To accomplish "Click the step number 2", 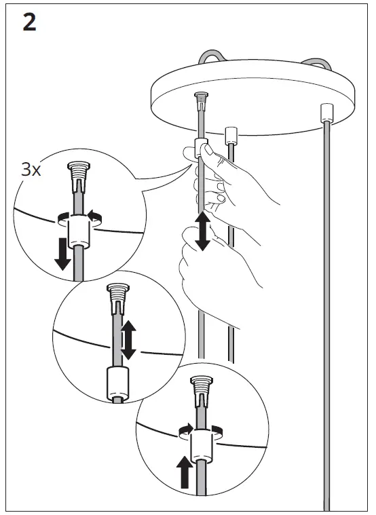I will (30, 23).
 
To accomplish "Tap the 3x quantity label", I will (31, 169).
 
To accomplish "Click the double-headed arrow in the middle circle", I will (128, 341).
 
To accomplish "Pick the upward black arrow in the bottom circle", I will (184, 472).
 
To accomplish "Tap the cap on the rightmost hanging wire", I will (327, 111).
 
